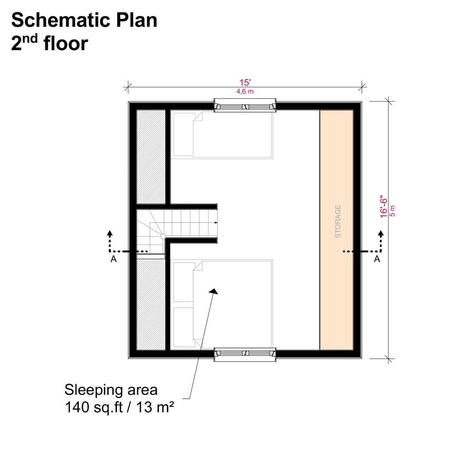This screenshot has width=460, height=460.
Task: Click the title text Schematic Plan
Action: [84, 20]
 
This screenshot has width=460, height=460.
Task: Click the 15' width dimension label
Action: [245, 83]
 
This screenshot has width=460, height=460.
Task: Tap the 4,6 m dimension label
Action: [245, 92]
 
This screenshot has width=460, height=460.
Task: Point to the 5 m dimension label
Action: [392, 211]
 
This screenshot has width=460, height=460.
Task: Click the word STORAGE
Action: [338, 221]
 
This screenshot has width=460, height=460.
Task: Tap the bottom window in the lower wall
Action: [245, 353]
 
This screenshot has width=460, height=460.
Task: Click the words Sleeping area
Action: [111, 390]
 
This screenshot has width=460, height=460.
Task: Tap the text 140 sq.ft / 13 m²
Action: [119, 407]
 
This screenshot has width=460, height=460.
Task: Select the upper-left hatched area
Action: [151, 156]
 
